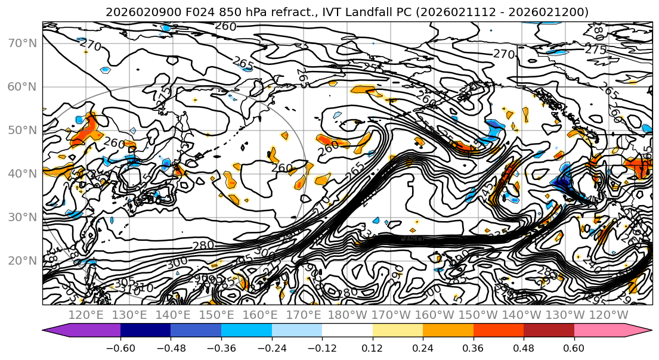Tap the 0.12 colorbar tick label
pyautogui.click(x=373, y=347)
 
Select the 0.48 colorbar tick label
pyautogui.click(x=524, y=347)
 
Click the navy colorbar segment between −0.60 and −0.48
pyautogui.click(x=145, y=331)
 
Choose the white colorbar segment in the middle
pyautogui.click(x=347, y=331)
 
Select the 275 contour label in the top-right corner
pyautogui.click(x=595, y=50)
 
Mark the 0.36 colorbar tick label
pyautogui.click(x=473, y=347)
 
